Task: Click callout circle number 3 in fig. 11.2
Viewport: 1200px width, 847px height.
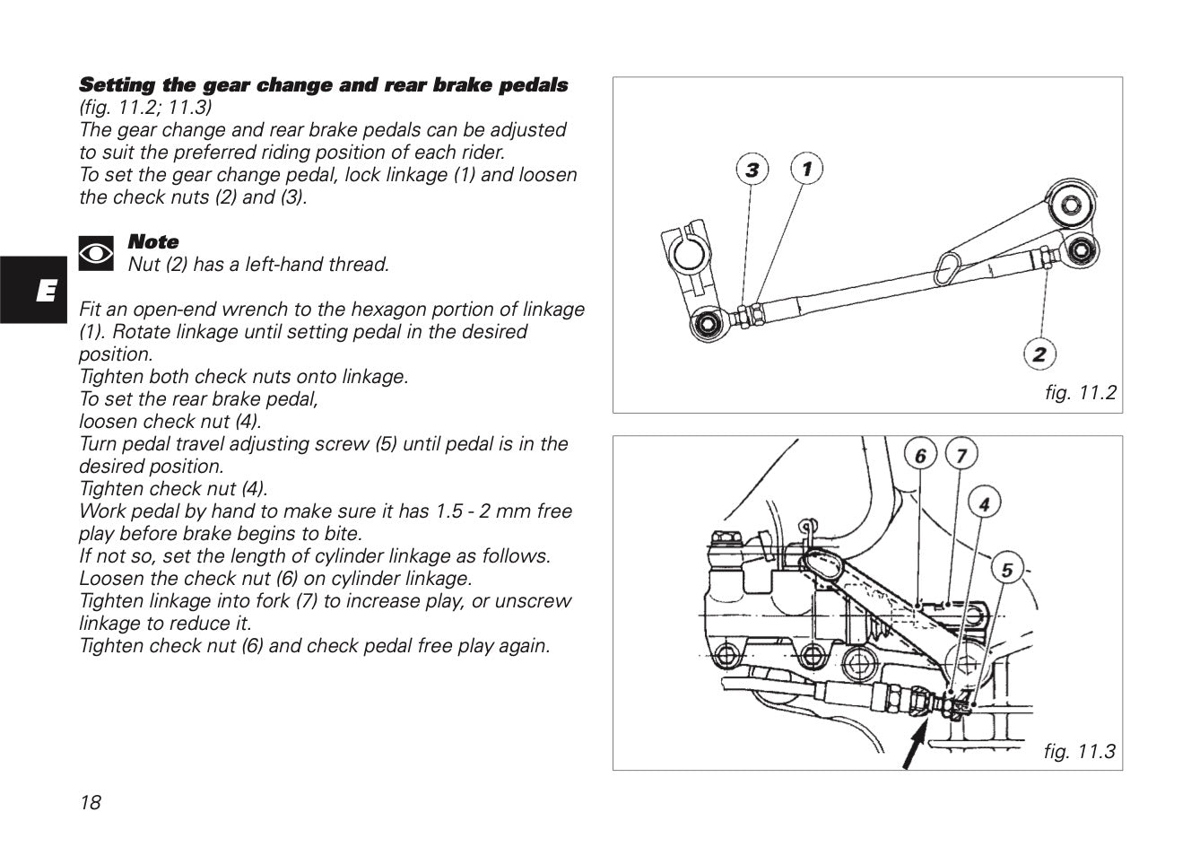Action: tap(752, 170)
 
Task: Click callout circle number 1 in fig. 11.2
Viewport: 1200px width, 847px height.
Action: tap(806, 168)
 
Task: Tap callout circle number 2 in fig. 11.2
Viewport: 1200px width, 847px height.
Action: tap(1039, 354)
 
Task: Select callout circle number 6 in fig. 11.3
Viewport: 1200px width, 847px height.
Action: tap(920, 456)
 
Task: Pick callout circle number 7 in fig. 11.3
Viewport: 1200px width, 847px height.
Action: tap(961, 456)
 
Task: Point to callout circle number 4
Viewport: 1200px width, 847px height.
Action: tap(984, 504)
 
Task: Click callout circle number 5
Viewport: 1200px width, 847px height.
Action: tap(1007, 570)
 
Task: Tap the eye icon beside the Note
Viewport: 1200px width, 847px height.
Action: tap(96, 254)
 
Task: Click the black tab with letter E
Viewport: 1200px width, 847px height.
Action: tap(33, 289)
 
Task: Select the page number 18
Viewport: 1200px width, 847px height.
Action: tap(91, 802)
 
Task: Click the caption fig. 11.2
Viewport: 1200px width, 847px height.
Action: tap(1080, 392)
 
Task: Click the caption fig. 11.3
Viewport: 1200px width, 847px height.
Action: tap(1079, 751)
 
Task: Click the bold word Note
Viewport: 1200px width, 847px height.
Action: tap(153, 241)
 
